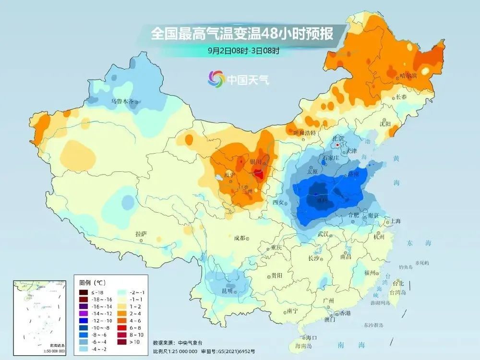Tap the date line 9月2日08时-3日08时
coord(243,50)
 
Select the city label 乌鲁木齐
coord(123,101)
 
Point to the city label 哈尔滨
coord(408,76)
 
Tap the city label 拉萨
coord(141,234)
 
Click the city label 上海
coord(396,221)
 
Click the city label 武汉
coord(323,234)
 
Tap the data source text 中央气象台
coord(190,343)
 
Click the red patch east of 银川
coord(259,174)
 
